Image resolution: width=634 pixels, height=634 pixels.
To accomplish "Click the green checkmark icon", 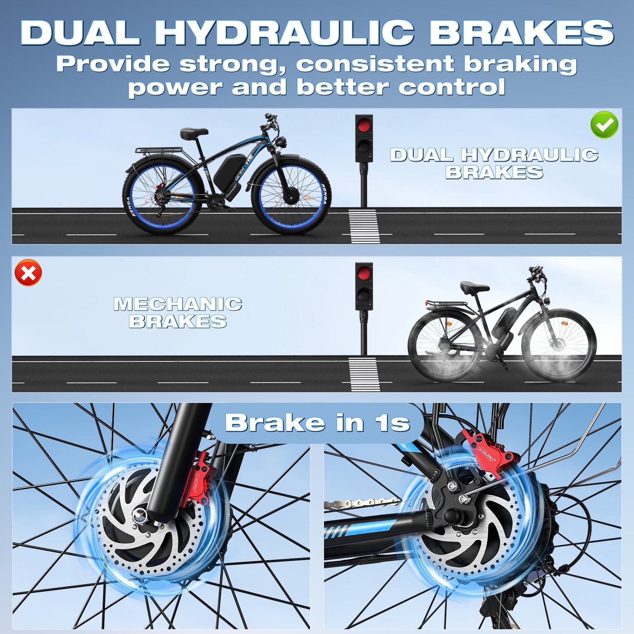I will (x=604, y=125).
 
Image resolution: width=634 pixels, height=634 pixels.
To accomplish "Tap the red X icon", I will (x=29, y=273).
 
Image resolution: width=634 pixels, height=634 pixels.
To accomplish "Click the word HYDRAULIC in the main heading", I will (x=284, y=32).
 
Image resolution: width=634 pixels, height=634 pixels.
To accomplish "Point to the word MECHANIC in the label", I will (x=178, y=304).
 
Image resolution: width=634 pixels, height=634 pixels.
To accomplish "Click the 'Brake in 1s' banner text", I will (x=317, y=423).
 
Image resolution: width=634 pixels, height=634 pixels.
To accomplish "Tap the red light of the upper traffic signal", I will (x=363, y=125).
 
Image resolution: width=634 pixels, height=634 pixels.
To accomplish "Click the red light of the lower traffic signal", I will (x=364, y=273).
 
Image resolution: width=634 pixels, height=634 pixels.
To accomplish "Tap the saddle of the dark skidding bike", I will (x=474, y=287).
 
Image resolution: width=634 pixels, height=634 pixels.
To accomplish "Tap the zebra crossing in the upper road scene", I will (x=364, y=226).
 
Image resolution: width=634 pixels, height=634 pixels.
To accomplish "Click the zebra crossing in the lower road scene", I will (x=364, y=374).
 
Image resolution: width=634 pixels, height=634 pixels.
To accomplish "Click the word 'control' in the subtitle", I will (x=451, y=87).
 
